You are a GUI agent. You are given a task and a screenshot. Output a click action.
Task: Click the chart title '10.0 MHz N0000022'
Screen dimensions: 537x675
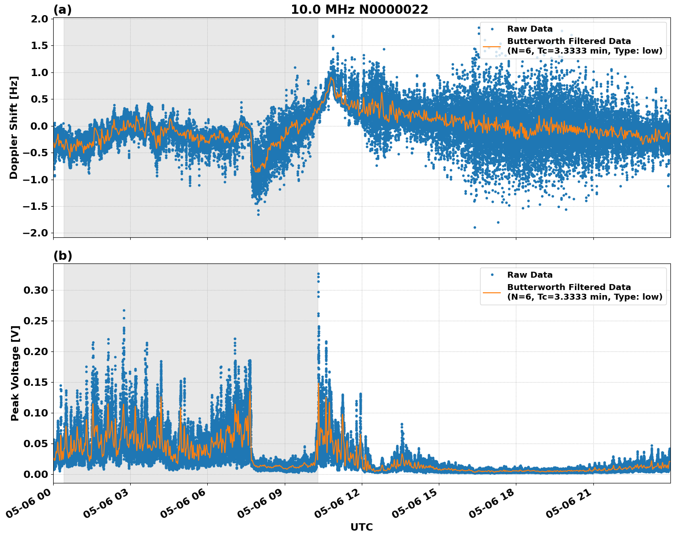360,10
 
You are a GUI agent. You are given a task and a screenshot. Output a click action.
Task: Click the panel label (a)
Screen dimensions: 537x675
62,10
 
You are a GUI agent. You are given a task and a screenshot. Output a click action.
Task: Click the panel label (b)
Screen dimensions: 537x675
62,256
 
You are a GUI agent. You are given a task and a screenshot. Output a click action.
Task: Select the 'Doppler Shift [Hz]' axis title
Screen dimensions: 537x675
14,127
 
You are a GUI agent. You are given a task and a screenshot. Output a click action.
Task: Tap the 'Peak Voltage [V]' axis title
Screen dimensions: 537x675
15,383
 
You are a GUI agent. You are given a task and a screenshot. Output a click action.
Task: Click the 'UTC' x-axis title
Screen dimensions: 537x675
361,527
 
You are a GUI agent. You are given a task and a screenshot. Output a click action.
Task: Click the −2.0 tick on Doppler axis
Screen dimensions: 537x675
37,233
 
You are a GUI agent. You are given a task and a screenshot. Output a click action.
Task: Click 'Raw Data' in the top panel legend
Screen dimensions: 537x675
530,29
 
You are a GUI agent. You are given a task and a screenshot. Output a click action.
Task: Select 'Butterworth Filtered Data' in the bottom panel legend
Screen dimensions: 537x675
569,287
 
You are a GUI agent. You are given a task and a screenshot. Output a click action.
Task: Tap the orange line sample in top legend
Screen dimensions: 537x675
492,46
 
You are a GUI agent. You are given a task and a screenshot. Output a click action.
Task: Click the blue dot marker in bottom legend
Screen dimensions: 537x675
492,275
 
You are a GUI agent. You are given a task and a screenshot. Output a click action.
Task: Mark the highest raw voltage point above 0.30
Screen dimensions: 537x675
318,274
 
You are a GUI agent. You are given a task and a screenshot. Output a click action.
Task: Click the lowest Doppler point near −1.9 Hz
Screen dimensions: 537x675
475,227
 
